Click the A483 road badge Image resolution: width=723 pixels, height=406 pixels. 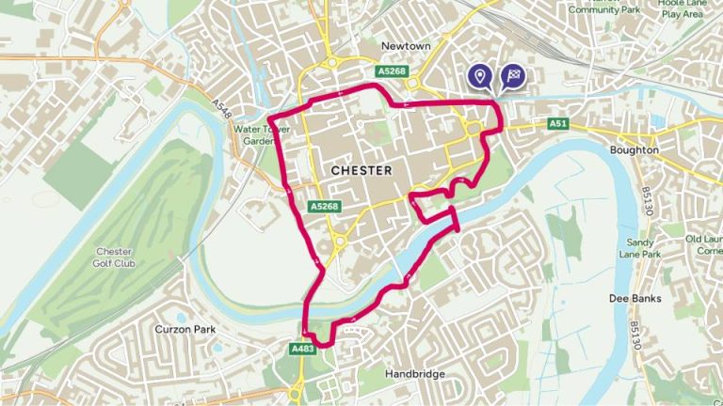[x=302, y=349]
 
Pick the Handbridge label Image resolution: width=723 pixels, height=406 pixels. [x=414, y=373]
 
